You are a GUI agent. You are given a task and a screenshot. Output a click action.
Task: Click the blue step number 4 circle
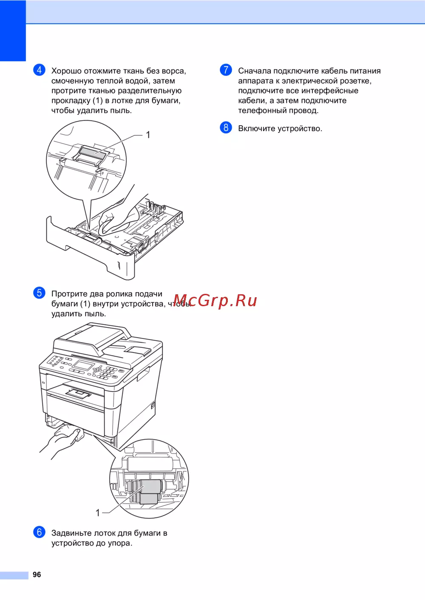39,70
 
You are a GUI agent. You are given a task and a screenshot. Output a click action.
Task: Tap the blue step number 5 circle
39,293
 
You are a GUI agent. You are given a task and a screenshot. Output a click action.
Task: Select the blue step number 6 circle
39,532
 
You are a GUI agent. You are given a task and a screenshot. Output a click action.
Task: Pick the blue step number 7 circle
226,70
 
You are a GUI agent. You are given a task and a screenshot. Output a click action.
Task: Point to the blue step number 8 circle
226,127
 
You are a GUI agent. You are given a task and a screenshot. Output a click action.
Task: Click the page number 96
37,575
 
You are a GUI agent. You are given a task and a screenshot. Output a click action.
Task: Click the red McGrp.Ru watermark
215,300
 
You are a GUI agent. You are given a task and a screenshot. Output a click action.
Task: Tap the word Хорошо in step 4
66,71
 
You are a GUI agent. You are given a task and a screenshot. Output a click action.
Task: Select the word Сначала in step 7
255,71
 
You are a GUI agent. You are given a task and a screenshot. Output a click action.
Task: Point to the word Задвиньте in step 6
71,533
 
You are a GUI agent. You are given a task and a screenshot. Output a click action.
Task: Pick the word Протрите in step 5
69,294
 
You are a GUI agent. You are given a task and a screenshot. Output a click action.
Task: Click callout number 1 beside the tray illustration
148,135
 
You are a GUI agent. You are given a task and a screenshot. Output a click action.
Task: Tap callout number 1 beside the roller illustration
98,513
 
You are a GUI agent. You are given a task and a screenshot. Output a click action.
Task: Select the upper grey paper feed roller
151,487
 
